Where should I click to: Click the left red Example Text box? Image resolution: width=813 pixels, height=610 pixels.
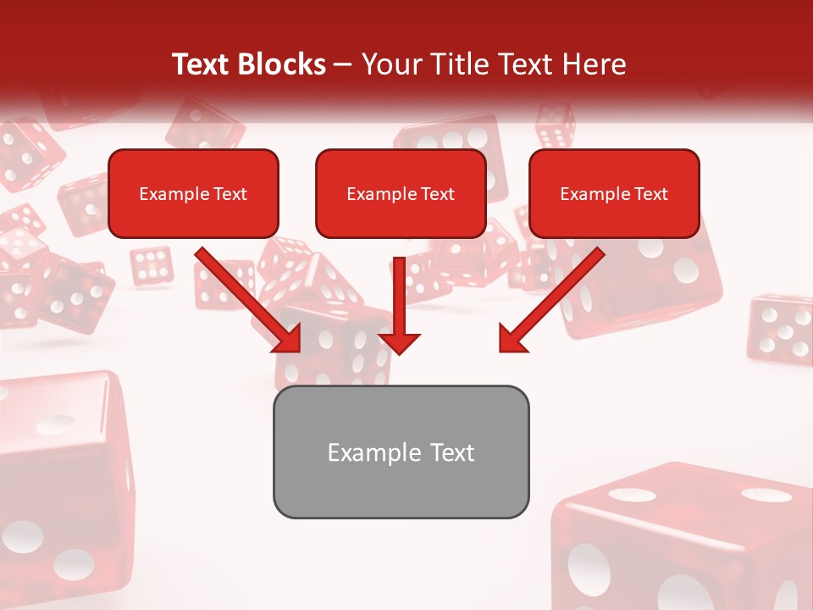pyautogui.click(x=193, y=193)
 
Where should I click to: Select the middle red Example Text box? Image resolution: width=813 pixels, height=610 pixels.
pyautogui.click(x=401, y=193)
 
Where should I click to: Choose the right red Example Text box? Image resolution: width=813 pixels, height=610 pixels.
pyautogui.click(x=614, y=193)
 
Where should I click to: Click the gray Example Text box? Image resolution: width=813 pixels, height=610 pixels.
pyautogui.click(x=401, y=452)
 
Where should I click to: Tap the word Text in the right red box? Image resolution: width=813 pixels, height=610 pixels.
pyautogui.click(x=650, y=194)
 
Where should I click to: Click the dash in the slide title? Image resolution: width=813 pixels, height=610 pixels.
pyautogui.click(x=343, y=64)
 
